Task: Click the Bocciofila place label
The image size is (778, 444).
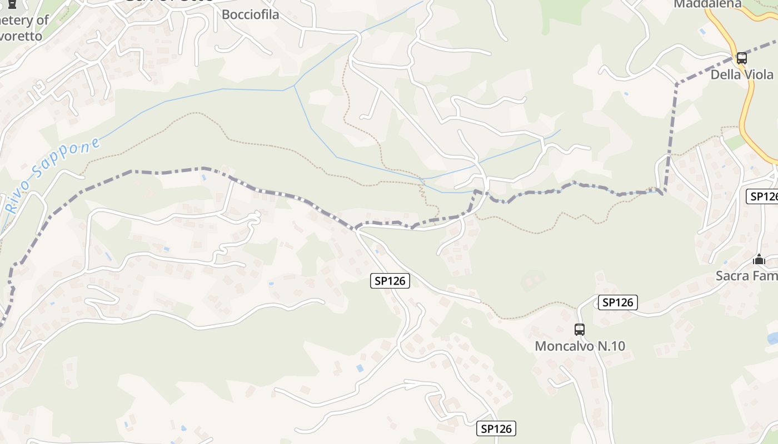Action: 250,14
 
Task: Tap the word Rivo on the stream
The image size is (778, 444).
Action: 14,201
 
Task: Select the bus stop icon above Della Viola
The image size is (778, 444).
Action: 741,58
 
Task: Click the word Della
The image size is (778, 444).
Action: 726,74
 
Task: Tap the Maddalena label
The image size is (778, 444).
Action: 707,4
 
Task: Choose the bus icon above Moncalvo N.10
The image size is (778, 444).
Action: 580,330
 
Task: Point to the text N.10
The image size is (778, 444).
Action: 611,346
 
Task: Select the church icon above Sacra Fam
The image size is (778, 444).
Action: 759,259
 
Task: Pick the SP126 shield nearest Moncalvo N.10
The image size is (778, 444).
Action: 617,302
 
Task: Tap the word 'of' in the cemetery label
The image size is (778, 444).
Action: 43,20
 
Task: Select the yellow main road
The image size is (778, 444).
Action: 745,111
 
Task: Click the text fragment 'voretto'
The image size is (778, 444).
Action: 21,36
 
